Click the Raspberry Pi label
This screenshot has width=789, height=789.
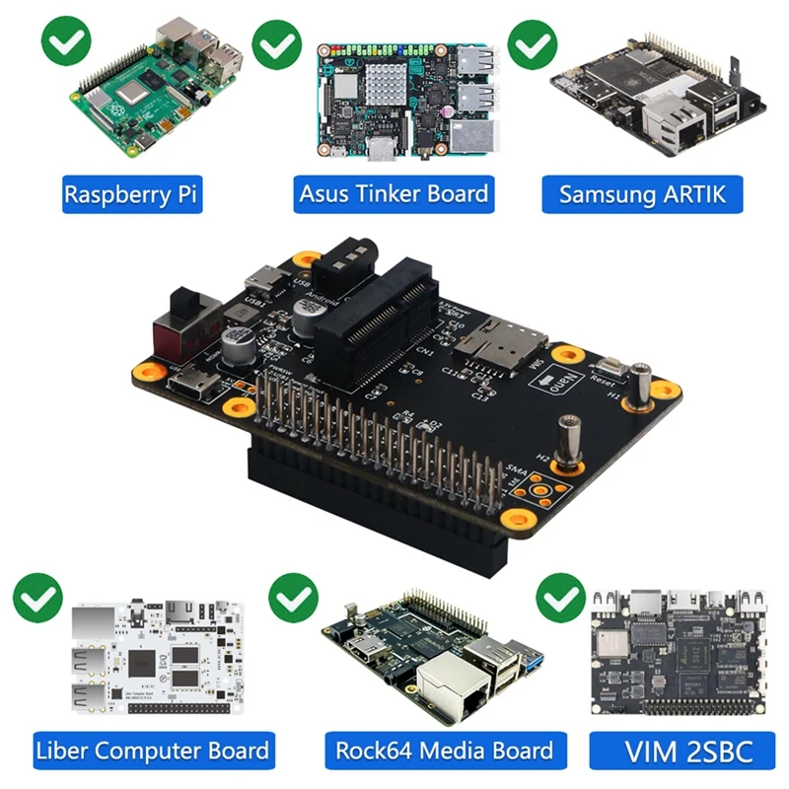coord(131,193)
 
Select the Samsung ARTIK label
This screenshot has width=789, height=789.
coord(642,193)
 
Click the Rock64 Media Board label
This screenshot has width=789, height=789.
coord(443,751)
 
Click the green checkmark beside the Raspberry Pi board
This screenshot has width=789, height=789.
coord(65,41)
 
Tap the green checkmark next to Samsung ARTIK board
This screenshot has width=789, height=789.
coord(533,41)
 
